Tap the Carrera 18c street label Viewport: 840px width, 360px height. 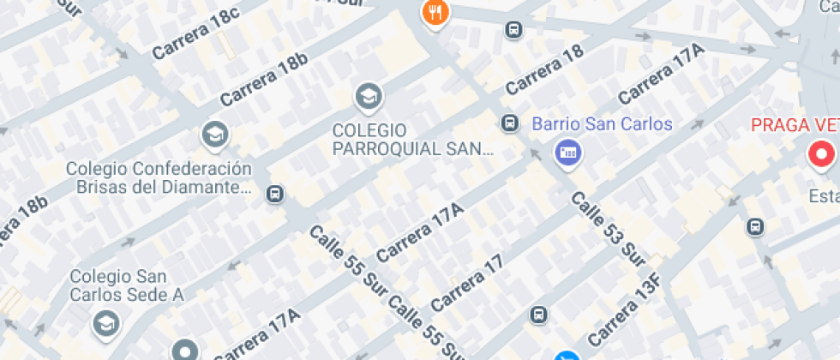(x=195, y=34)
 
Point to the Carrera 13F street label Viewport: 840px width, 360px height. (x=626, y=309)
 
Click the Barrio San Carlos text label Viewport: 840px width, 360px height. (x=603, y=124)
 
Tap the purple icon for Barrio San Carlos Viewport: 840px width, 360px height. (x=567, y=153)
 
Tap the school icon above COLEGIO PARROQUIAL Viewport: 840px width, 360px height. (x=369, y=96)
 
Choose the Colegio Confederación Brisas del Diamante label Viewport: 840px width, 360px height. (x=159, y=177)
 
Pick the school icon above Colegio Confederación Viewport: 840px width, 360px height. (x=214, y=134)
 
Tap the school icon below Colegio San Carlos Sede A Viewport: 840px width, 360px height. (x=106, y=324)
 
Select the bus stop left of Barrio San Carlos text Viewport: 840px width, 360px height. (x=510, y=123)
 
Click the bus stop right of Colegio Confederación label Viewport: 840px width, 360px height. (x=275, y=194)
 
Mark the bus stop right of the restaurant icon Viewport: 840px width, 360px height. (x=513, y=30)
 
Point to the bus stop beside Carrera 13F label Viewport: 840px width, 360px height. (x=538, y=315)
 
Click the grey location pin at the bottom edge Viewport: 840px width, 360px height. (x=184, y=350)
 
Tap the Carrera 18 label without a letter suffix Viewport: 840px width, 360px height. (x=544, y=69)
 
